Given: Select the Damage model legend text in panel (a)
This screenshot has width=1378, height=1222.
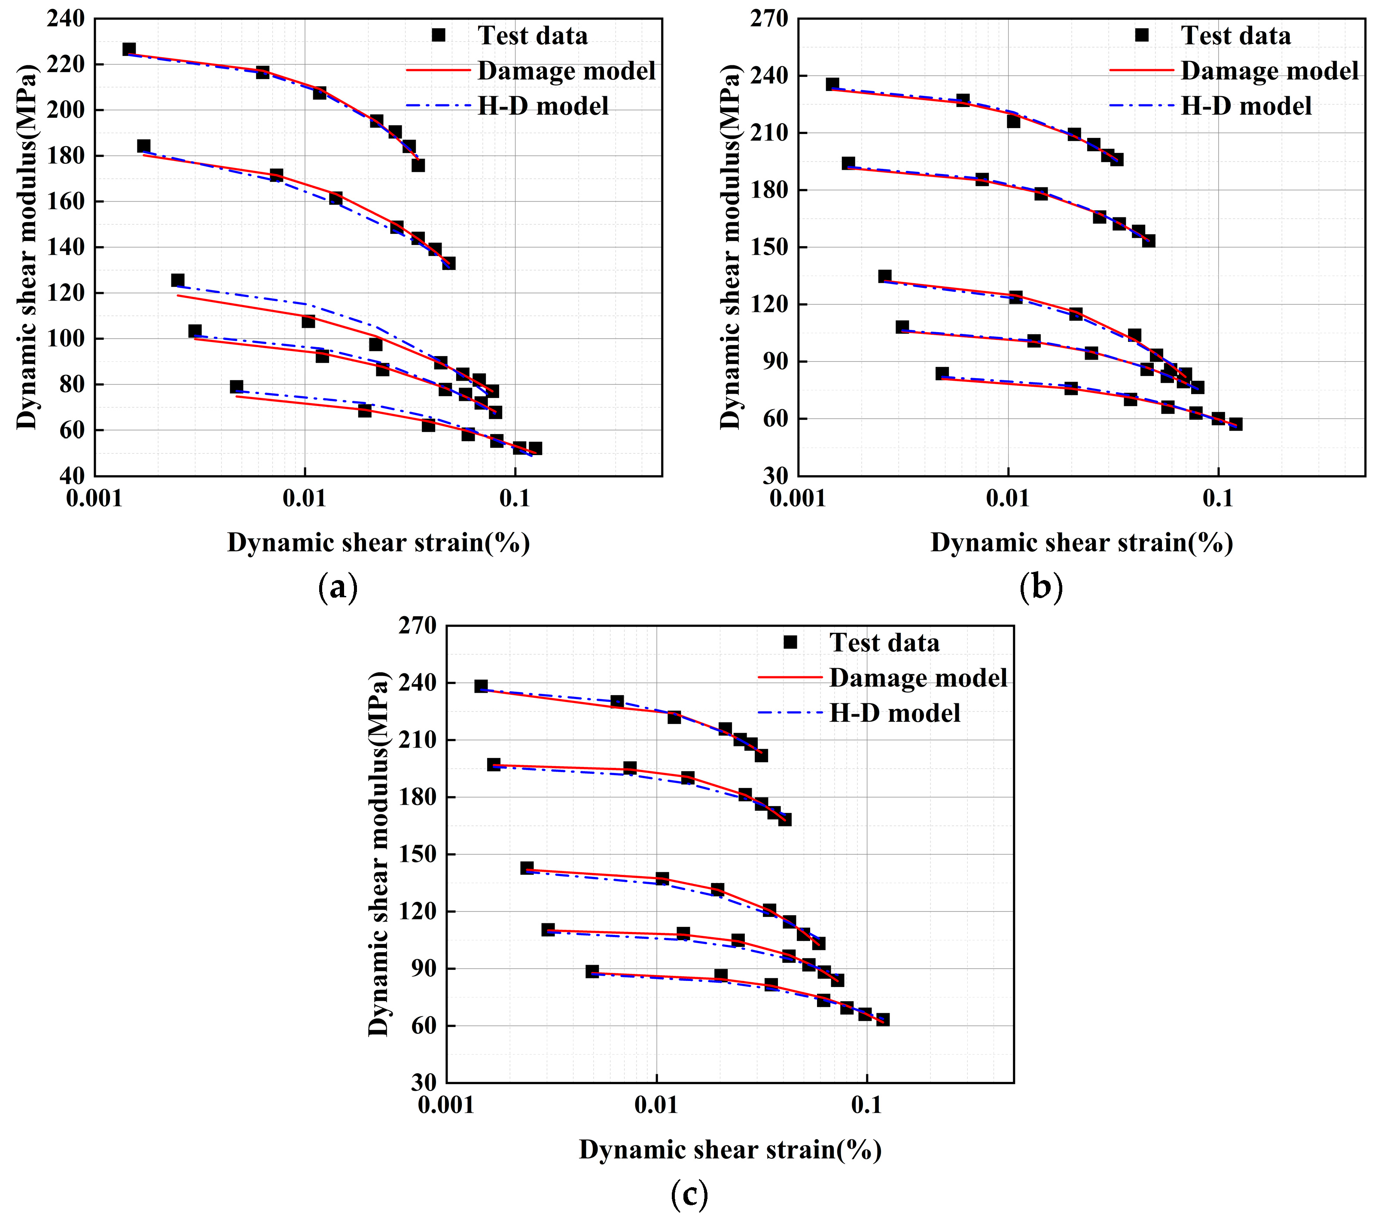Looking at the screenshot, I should pos(566,71).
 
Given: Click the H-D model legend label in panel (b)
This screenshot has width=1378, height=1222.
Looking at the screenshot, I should pos(1246,106).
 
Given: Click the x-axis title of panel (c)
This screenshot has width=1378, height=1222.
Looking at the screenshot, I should pos(730,1150).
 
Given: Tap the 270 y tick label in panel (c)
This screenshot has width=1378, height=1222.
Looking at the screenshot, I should pos(418,626).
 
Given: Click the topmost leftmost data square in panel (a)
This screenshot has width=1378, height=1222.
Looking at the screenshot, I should pos(129,49).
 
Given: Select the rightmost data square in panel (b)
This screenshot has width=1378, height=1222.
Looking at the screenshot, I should pos(1236,424).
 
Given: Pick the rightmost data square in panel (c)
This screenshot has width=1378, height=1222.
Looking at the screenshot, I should pos(882,1020).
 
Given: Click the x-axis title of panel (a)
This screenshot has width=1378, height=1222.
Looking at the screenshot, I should pos(378,543).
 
